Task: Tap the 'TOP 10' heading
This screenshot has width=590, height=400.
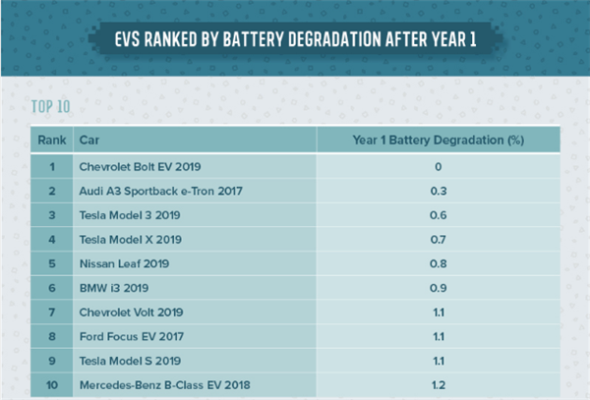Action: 51,105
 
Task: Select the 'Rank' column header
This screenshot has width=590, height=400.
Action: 51,141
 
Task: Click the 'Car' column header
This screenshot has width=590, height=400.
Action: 88,141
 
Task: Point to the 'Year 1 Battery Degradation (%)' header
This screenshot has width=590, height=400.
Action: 438,141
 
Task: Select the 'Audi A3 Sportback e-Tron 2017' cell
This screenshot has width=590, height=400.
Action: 160,191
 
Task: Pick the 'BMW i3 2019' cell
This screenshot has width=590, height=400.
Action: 113,288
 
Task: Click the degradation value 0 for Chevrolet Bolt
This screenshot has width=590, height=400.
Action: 438,166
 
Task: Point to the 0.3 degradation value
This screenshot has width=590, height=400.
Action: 438,191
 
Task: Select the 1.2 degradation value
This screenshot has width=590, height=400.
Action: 438,384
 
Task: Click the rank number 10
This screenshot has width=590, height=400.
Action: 51,384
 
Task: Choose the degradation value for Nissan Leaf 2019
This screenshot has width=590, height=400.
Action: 438,263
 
